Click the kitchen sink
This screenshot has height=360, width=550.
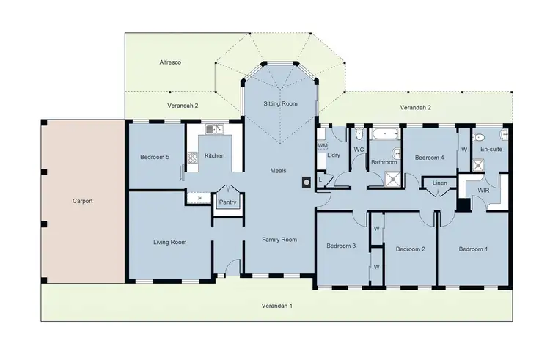point(213,130)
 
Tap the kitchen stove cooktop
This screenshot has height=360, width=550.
point(193,156)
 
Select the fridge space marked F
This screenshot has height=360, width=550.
point(199,198)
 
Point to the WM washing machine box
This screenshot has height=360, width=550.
point(322,146)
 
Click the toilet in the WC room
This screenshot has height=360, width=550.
point(357,136)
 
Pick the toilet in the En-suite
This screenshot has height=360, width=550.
point(504,136)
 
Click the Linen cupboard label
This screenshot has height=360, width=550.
point(439,183)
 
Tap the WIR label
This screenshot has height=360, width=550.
point(483,190)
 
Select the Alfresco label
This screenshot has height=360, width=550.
point(171,63)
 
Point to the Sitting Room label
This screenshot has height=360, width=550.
point(280,104)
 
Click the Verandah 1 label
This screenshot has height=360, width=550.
point(277,305)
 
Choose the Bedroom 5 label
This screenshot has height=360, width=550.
point(155,156)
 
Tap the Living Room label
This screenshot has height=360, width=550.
point(169,242)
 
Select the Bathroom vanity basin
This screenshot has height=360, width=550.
point(396,154)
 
